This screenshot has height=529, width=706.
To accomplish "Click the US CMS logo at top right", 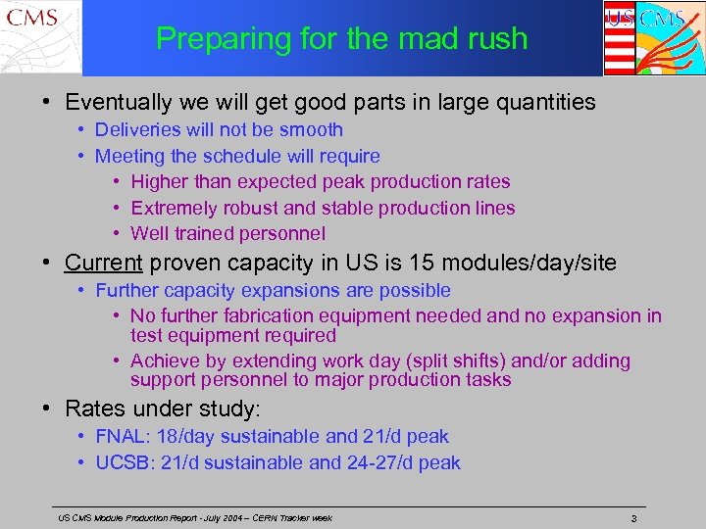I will (652, 37).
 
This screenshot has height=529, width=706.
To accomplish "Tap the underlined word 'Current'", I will (104, 262).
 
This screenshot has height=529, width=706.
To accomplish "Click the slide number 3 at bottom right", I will (634, 517).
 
